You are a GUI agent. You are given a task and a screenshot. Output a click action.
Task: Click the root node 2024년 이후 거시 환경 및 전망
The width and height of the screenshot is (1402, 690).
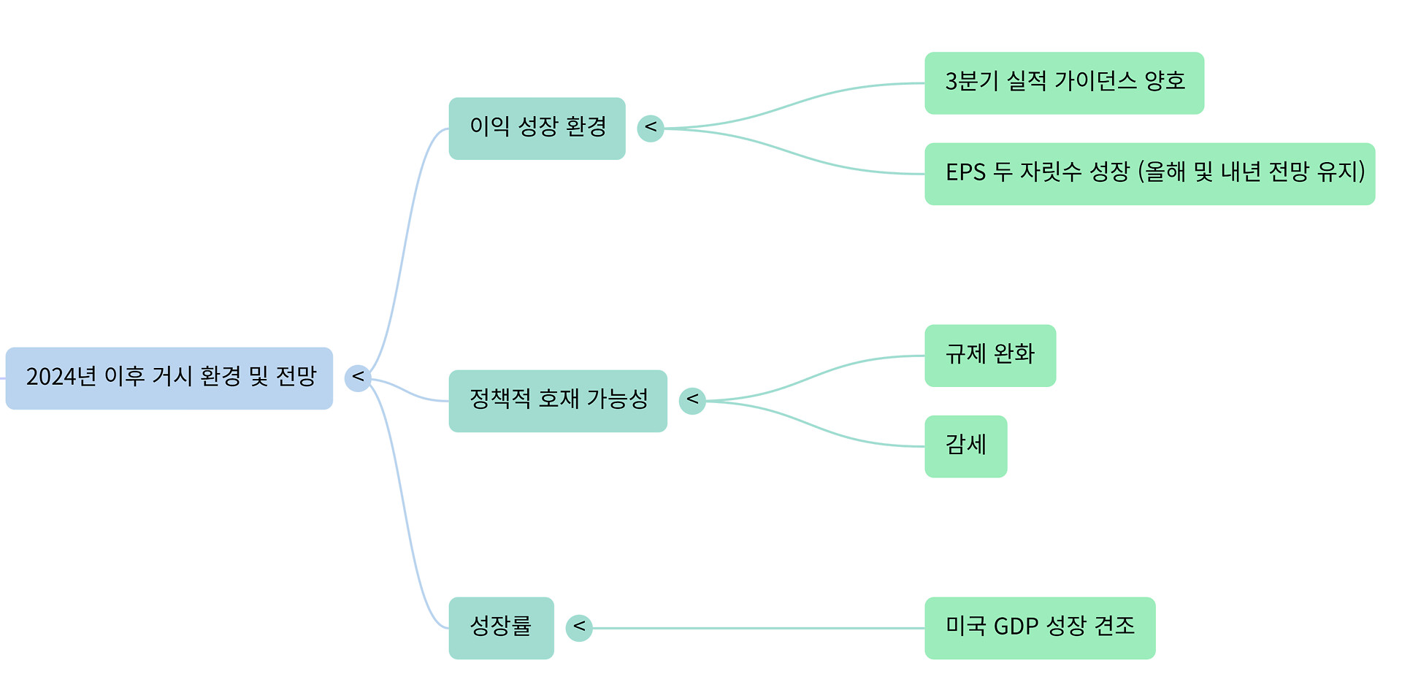pos(169,378)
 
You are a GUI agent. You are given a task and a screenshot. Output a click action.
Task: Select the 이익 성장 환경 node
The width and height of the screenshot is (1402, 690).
pos(537,129)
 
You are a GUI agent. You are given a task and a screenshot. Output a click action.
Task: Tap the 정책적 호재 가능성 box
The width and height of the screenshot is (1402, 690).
pos(558,401)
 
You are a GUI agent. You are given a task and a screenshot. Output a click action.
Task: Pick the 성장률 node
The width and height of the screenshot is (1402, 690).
pos(501,628)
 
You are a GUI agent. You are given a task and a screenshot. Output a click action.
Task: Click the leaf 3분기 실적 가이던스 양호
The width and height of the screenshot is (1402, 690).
pos(1064,83)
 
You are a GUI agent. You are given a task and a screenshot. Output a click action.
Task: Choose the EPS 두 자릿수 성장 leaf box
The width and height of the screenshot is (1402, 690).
pos(1149,174)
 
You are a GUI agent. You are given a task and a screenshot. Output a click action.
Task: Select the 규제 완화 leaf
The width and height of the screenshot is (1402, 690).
pos(989,356)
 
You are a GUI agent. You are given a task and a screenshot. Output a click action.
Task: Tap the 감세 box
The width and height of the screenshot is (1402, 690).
pos(965,446)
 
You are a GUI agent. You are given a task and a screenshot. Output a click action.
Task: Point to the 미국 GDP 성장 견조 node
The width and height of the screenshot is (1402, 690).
pos(1040,628)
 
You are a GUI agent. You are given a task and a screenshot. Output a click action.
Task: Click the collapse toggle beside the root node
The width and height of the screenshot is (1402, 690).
pos(358,377)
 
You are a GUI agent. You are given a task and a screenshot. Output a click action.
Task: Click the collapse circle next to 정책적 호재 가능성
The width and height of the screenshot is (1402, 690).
pos(692,401)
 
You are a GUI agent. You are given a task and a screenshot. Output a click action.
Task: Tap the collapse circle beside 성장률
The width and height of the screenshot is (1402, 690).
pos(579,628)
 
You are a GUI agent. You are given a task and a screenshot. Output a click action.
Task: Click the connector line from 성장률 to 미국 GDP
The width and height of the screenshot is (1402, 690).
pos(759,628)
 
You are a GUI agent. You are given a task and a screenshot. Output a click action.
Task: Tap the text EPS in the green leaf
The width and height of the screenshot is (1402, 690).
pos(965,172)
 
